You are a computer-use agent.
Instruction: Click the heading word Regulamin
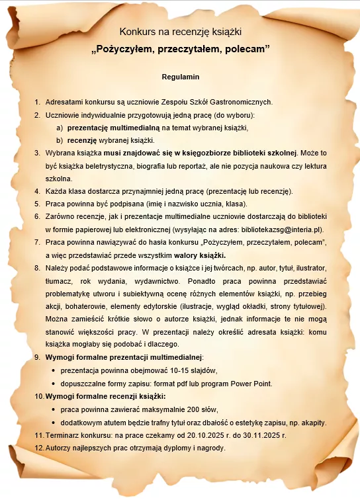[x=181, y=77]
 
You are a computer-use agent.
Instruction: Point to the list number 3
[x=37, y=153]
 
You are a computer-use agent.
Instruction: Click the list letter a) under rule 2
[x=60, y=128]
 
